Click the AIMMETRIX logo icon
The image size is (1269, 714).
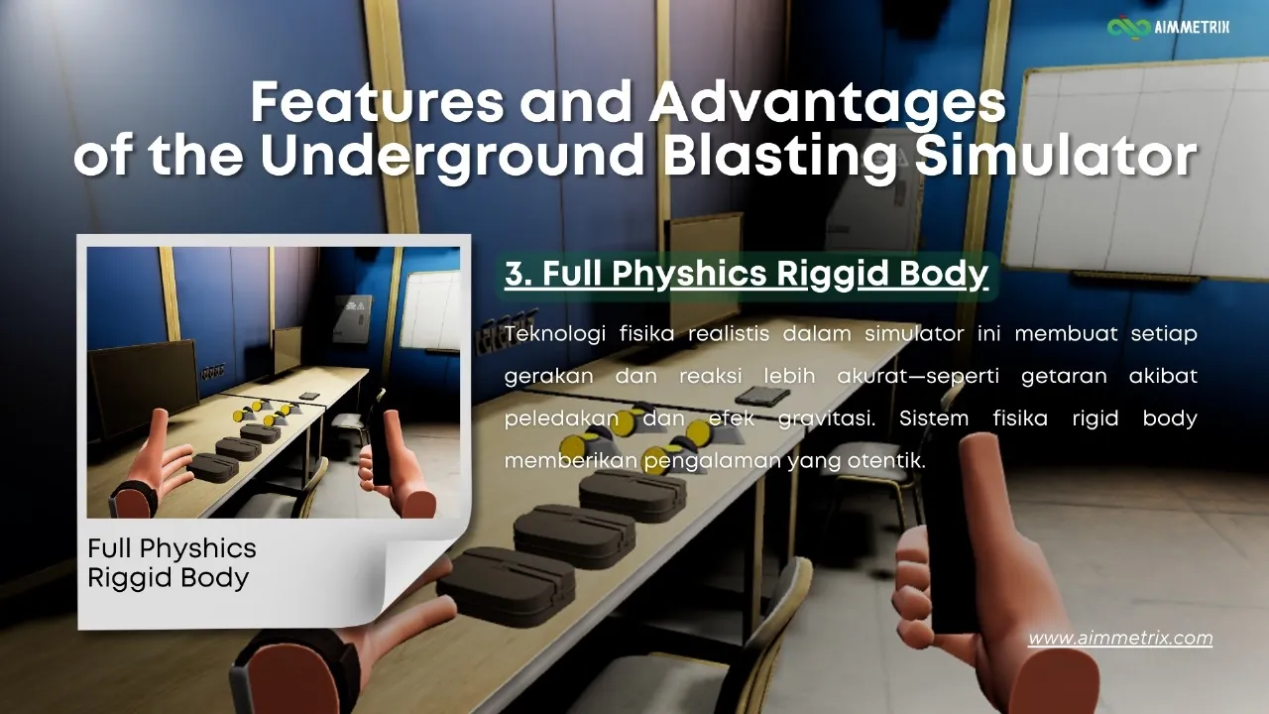pos(1129,28)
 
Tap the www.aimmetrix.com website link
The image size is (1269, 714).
pos(1120,638)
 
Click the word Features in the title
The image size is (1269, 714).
pos(378,101)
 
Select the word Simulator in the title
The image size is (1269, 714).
pos(1056,155)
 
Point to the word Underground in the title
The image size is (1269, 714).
pos(452,155)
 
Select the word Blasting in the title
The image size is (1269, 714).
pos(780,155)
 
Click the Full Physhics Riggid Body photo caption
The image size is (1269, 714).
pos(172,563)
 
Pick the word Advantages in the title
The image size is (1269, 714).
pos(828,101)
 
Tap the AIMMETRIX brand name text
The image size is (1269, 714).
pos(1192,27)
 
